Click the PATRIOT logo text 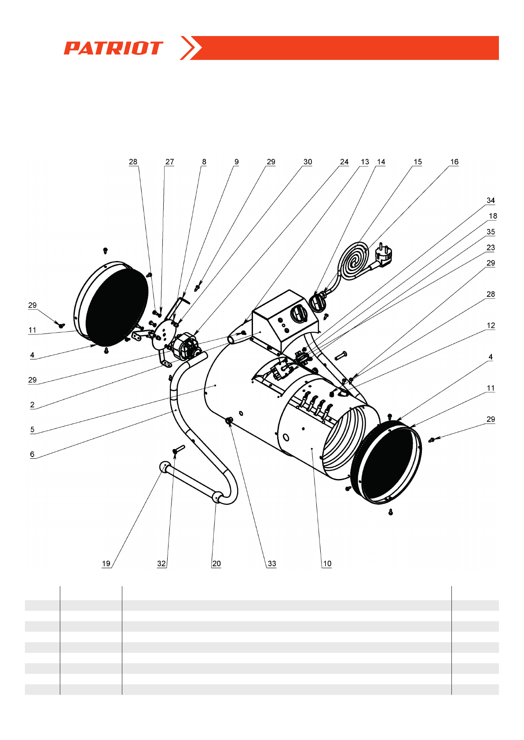pos(113,48)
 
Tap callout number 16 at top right pos(454,162)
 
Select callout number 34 pos(491,200)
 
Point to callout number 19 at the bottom pos(106,564)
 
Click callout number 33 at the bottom pos(272,564)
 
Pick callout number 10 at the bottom pos(327,564)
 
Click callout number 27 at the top pos(169,162)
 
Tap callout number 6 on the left pos(32,454)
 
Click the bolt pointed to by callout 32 pos(178,450)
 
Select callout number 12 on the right pos(491,326)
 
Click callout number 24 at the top pos(344,162)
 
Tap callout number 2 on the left pos(32,405)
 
